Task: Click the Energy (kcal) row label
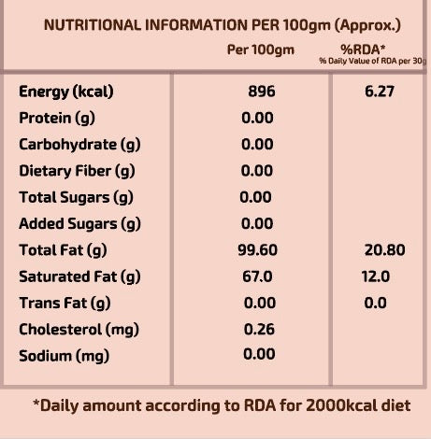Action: [x=66, y=92]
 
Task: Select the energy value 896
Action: [x=262, y=92]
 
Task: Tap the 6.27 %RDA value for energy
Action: [x=380, y=92]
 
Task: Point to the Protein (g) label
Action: [x=57, y=119]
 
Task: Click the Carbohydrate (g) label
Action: [x=79, y=145]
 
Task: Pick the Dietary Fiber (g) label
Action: [x=77, y=171]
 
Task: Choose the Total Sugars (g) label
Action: [x=76, y=198]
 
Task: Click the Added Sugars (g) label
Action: [x=79, y=224]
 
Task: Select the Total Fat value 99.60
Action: [x=257, y=250]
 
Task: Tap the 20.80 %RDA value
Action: [x=385, y=250]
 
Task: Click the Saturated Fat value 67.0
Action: [x=257, y=276]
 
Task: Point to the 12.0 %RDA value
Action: [x=376, y=276]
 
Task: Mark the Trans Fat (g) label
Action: [x=65, y=304]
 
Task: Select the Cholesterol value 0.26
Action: [x=259, y=330]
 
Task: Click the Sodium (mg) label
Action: [x=65, y=357]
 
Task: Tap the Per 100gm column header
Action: [x=261, y=50]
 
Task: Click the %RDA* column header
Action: [x=363, y=50]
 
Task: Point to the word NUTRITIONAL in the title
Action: [x=93, y=25]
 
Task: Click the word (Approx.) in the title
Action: [x=367, y=26]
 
